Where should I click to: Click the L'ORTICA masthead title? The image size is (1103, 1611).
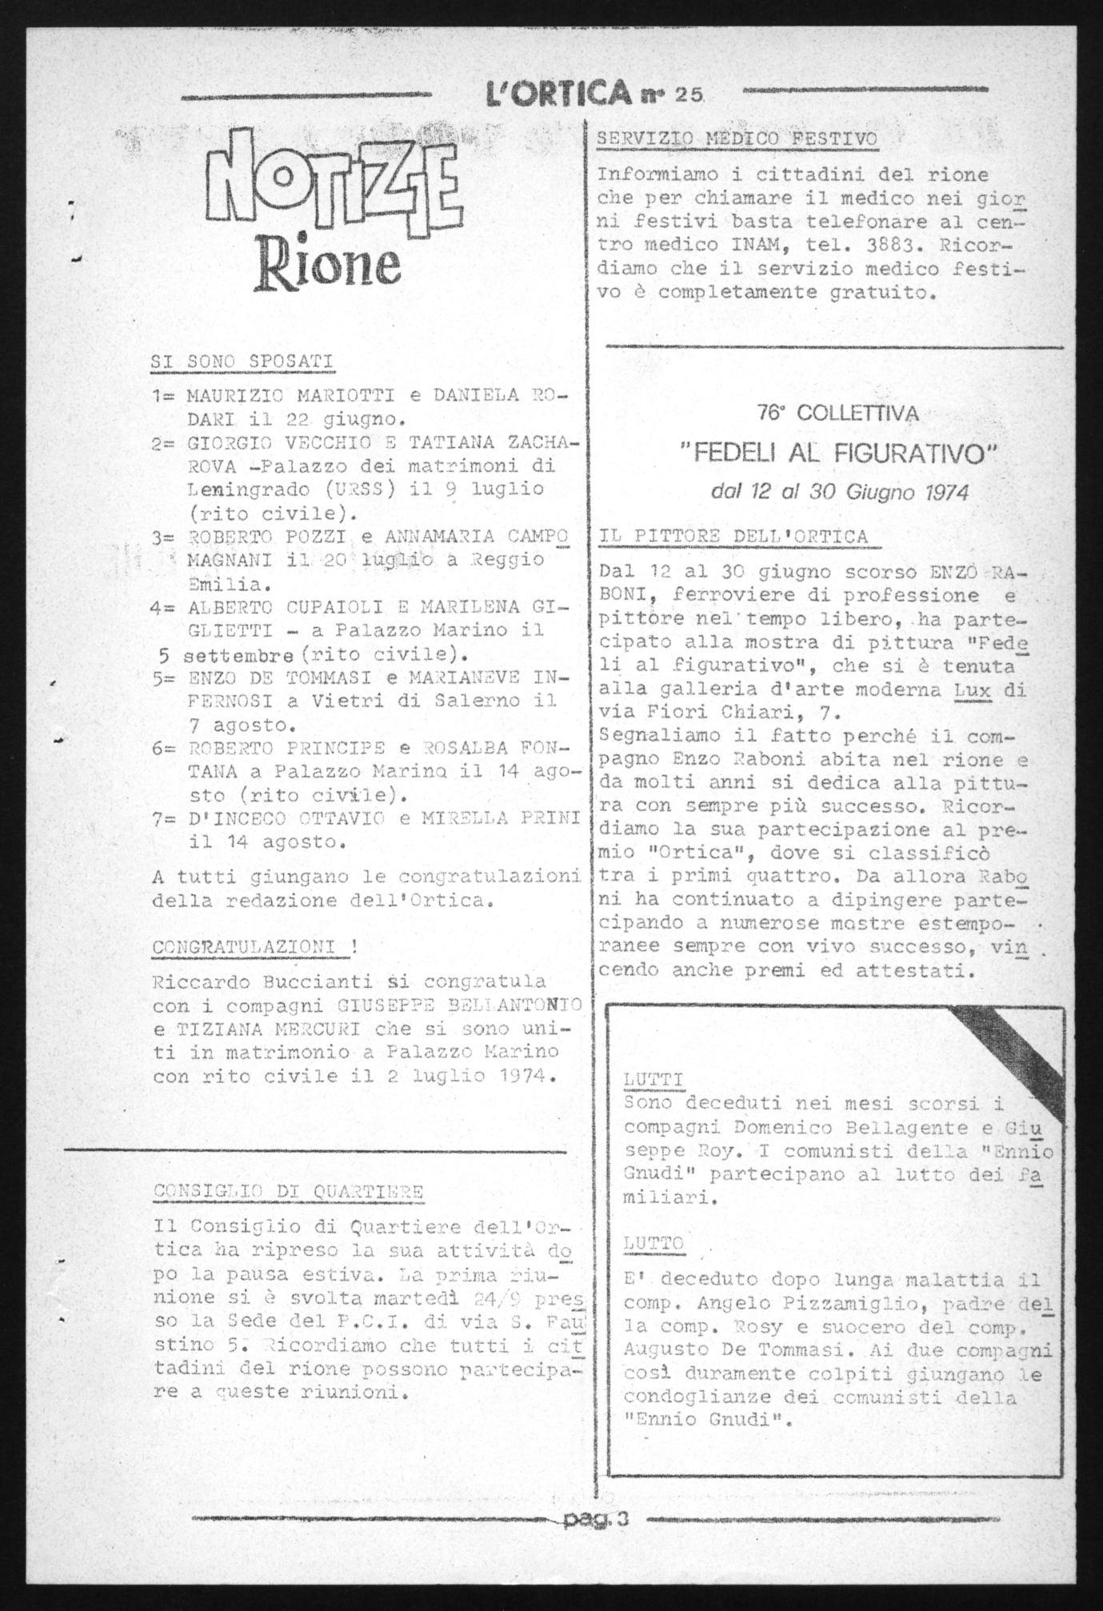click(x=557, y=94)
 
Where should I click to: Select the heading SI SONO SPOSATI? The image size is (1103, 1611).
click(x=242, y=361)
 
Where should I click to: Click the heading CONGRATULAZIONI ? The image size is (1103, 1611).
click(x=255, y=945)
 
